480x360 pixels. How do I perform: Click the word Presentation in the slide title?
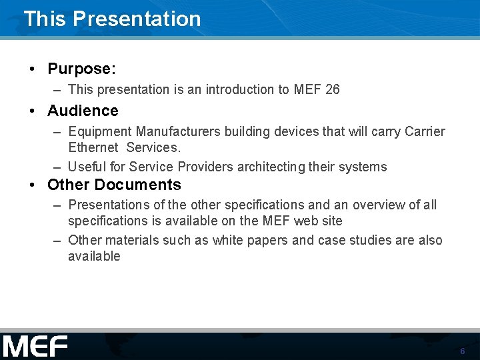[x=137, y=19]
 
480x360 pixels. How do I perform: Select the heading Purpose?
[x=81, y=69]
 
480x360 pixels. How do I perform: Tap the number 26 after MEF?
[x=332, y=89]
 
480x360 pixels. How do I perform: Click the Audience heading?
[x=83, y=111]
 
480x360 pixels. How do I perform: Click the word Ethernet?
[x=93, y=147]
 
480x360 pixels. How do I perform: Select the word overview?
[x=379, y=205]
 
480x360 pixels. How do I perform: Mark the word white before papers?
[x=228, y=240]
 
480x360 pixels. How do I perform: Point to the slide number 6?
[x=462, y=351]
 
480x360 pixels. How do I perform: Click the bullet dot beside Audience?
[x=33, y=111]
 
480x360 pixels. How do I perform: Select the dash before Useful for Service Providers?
[x=58, y=167]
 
